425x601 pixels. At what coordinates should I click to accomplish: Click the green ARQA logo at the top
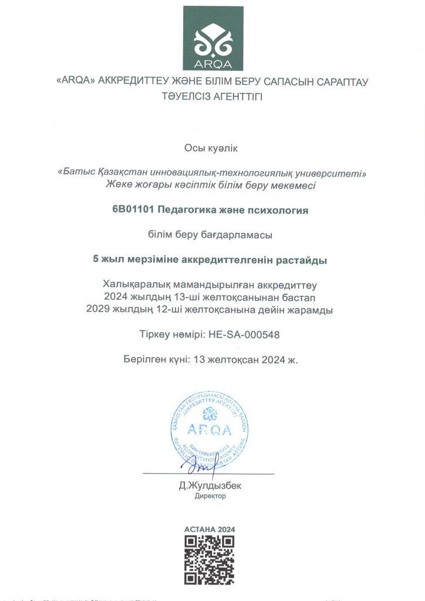[x=212, y=38]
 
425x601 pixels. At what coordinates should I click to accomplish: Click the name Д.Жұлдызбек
[x=210, y=485]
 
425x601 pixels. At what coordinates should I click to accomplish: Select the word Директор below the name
[x=210, y=496]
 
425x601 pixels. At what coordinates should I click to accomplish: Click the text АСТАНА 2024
[x=210, y=529]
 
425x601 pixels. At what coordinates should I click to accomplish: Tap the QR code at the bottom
[x=210, y=560]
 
